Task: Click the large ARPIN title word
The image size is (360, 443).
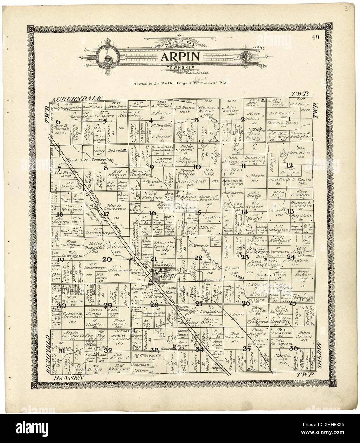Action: (x=180, y=56)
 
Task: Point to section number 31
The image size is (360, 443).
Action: (x=62, y=351)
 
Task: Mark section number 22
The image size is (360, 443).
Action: (x=198, y=258)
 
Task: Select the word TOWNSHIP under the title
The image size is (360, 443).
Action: (x=180, y=68)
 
